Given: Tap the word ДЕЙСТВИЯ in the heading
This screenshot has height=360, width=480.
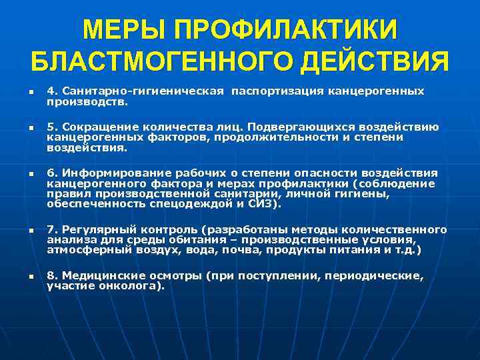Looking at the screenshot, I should point(375,62).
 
